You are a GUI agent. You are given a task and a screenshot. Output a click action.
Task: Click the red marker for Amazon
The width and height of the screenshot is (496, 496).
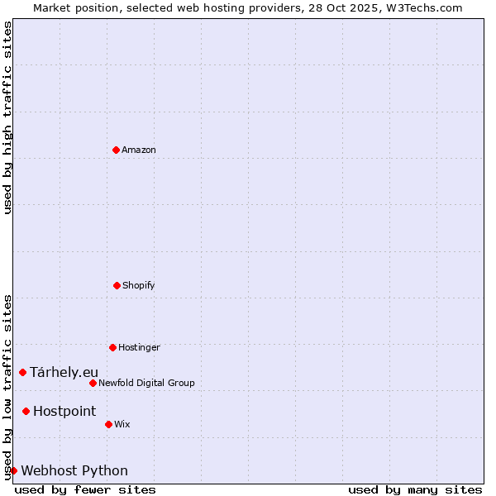(x=116, y=150)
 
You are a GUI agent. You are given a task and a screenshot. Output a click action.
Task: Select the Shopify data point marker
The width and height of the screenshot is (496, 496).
(x=117, y=285)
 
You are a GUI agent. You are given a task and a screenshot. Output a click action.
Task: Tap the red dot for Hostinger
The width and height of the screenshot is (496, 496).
(x=112, y=347)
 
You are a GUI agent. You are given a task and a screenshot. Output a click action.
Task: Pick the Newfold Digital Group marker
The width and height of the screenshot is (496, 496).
(x=93, y=383)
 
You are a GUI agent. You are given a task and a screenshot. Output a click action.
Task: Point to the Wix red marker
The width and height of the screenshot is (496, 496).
(x=108, y=424)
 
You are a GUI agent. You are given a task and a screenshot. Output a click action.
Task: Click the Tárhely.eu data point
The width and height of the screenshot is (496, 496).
(x=22, y=372)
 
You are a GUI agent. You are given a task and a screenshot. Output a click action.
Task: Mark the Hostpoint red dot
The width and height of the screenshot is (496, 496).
(x=26, y=411)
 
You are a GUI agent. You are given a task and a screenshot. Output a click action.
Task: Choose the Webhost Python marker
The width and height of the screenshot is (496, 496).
(x=13, y=470)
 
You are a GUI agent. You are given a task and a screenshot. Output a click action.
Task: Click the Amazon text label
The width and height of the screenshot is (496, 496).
(x=139, y=150)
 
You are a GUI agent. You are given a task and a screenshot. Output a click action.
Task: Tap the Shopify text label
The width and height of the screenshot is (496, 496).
(x=139, y=286)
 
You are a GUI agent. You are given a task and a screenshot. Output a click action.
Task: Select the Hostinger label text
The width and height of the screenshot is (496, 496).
(x=139, y=348)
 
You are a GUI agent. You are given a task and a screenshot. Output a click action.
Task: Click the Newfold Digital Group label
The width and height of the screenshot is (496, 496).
(x=146, y=384)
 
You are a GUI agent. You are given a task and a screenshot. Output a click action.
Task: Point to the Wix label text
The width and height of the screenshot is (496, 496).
(x=122, y=425)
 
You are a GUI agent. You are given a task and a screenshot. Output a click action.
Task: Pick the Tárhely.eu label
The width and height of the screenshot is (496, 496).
(x=64, y=373)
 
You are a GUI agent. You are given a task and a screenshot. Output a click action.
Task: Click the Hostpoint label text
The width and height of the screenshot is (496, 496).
(x=64, y=412)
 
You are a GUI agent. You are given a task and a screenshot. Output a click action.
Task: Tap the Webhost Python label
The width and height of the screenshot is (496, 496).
(x=74, y=471)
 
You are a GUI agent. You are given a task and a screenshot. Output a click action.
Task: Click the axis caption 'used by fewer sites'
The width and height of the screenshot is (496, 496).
(x=85, y=490)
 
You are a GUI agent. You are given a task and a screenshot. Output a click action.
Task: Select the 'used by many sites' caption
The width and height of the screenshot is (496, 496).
(x=415, y=490)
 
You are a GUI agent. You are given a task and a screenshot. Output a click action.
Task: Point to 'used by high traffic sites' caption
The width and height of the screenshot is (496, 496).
(x=8, y=117)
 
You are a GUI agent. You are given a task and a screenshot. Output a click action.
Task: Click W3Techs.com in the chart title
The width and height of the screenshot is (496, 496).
(x=422, y=7)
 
